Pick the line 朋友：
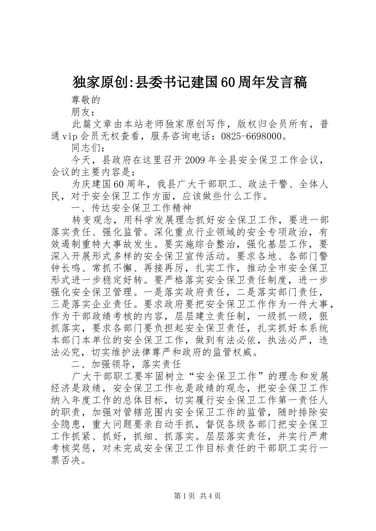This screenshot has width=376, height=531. point(83,112)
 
